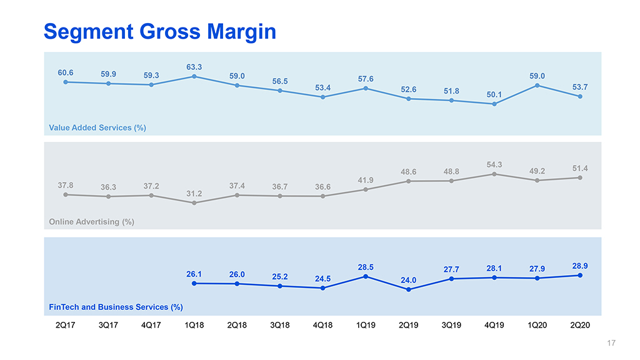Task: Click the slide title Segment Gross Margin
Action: [159, 31]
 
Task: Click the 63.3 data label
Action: [194, 67]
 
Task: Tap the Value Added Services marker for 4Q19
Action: [494, 104]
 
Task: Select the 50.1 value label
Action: [494, 94]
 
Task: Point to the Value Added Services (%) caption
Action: [97, 127]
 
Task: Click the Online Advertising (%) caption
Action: [92, 221]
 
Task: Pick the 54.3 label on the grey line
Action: [494, 164]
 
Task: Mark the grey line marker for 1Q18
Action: [194, 202]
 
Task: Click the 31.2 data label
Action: [194, 194]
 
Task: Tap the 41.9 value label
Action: [366, 180]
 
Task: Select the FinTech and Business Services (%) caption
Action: [116, 307]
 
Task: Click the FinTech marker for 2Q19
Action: [408, 289]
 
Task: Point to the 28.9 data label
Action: [580, 266]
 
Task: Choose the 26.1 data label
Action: [194, 274]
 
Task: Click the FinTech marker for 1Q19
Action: [366, 276]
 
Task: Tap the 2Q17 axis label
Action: [66, 326]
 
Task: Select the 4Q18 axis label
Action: [322, 326]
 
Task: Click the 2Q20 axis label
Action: [580, 326]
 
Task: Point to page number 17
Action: [611, 343]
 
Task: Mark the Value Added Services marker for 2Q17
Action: [66, 82]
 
